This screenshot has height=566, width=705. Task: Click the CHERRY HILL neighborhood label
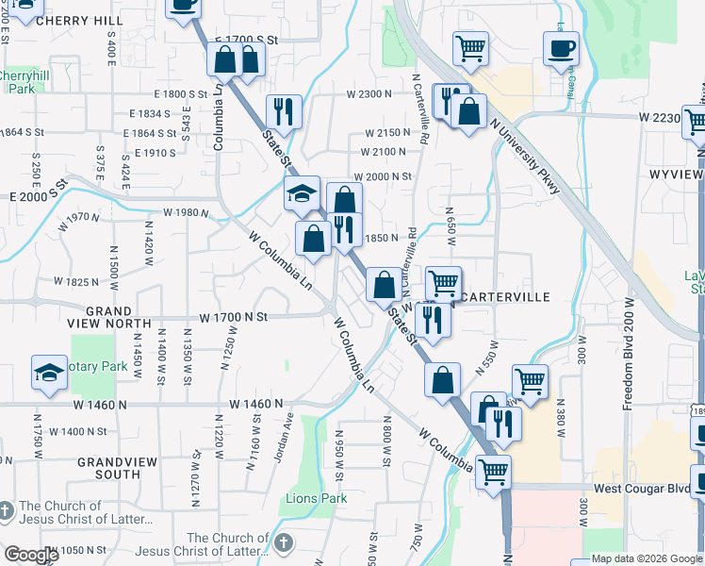click(80, 20)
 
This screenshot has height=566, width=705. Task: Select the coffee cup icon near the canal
click(562, 49)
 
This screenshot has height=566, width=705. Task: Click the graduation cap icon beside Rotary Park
click(48, 373)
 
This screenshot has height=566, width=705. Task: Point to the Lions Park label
click(318, 498)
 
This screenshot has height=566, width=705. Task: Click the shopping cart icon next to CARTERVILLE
click(442, 282)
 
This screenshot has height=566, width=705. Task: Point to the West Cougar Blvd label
click(640, 491)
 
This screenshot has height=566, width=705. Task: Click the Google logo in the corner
click(30, 555)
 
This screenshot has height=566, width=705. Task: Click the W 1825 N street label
click(78, 282)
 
